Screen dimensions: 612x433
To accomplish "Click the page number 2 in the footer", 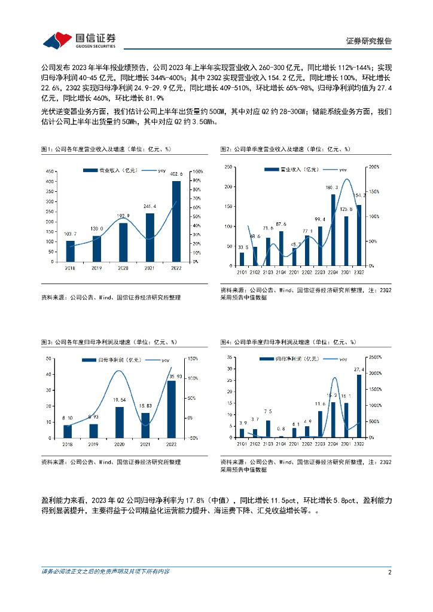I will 389,572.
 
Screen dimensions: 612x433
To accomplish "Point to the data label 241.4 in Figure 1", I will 150,206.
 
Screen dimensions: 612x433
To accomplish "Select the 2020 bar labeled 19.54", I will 120,422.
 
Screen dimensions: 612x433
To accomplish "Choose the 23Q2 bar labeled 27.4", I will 359,406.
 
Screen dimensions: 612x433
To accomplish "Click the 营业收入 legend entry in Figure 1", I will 109,170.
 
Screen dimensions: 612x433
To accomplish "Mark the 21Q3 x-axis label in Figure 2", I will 268,272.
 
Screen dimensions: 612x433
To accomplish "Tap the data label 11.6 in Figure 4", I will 320,405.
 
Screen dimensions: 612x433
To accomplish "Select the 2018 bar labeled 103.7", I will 71,251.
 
